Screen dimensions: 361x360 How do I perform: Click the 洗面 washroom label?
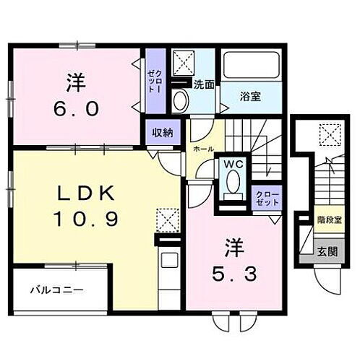[x=203, y=84]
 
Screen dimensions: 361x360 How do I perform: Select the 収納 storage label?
[x=162, y=132]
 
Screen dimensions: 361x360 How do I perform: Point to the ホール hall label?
[x=202, y=148]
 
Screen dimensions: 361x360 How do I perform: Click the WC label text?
[x=233, y=164]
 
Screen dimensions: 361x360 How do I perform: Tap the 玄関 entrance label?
[x=327, y=252]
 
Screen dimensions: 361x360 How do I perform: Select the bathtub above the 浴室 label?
[x=251, y=67]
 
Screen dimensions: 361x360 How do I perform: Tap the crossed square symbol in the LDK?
[x=168, y=218]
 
